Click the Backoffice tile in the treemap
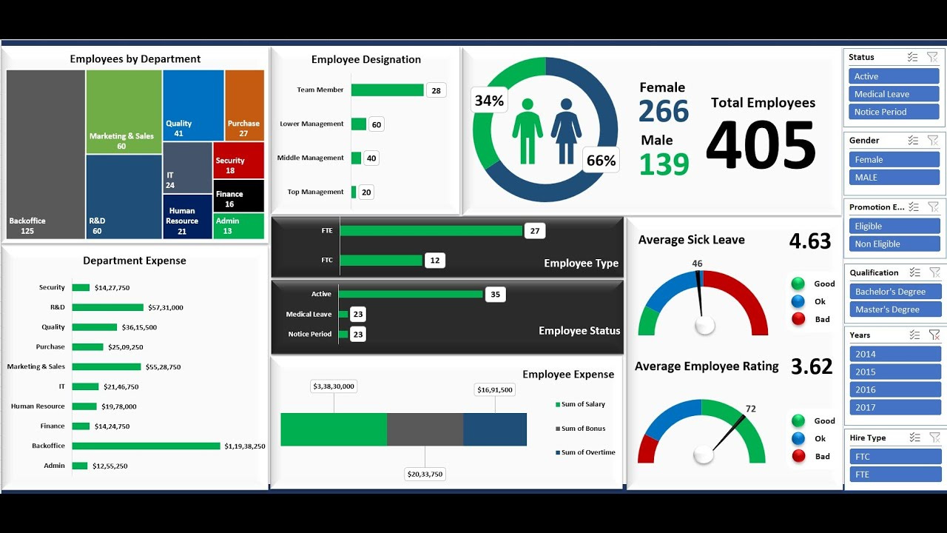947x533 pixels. pyautogui.click(x=46, y=154)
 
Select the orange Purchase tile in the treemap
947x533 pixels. pyautogui.click(x=244, y=105)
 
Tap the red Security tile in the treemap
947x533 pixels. pyautogui.click(x=238, y=160)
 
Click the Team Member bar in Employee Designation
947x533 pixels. pyautogui.click(x=387, y=90)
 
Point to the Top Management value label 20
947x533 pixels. pyautogui.click(x=366, y=192)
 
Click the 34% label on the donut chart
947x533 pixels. pyautogui.click(x=489, y=101)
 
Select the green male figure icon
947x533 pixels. pyautogui.click(x=528, y=131)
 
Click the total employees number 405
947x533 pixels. pyautogui.click(x=761, y=145)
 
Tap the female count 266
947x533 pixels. pyautogui.click(x=664, y=112)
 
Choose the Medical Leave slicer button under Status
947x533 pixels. pyautogui.click(x=894, y=94)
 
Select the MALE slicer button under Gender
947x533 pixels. pyautogui.click(x=894, y=178)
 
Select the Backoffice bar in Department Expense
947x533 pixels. pyautogui.click(x=146, y=446)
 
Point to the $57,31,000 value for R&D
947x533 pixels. pyautogui.click(x=166, y=307)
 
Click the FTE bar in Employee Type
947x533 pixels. pyautogui.click(x=431, y=231)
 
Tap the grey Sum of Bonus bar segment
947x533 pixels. pyautogui.click(x=425, y=429)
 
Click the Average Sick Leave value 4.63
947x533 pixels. pyautogui.click(x=810, y=241)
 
